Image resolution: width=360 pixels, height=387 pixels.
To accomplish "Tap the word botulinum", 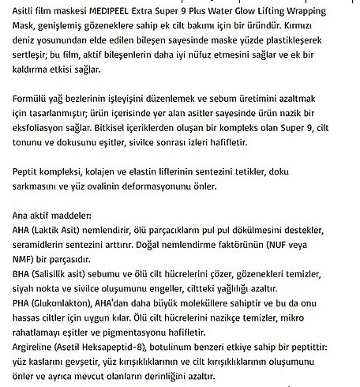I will (x=204, y=348).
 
